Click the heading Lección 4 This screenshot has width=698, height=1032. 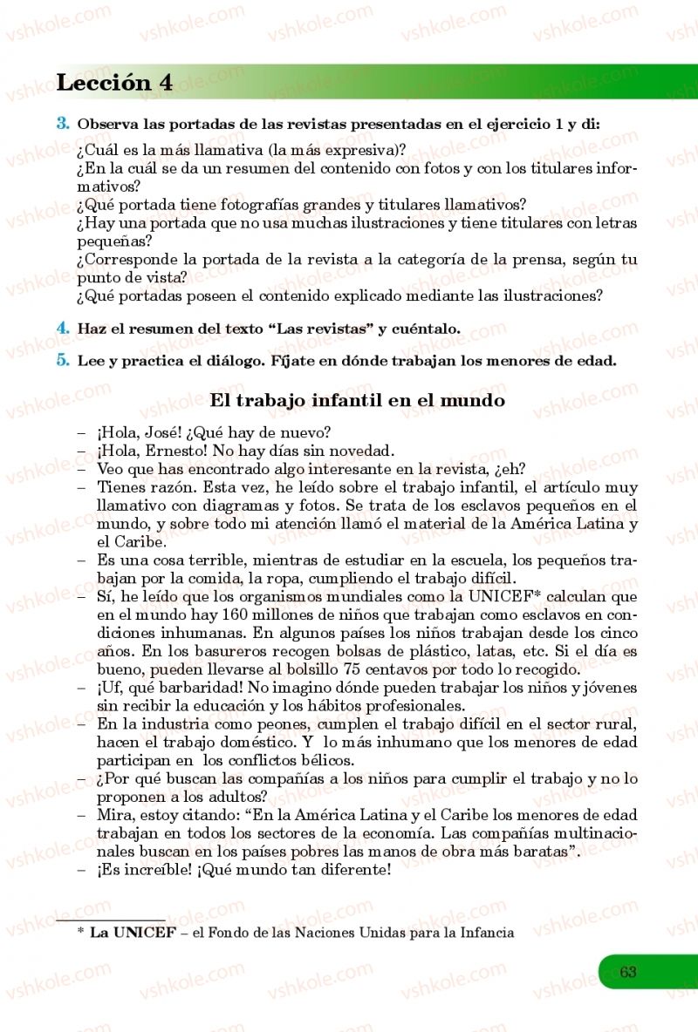click(x=113, y=83)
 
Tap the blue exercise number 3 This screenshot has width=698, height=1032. click(x=63, y=123)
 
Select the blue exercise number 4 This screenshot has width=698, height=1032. click(x=63, y=328)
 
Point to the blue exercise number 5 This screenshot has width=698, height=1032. click(x=63, y=359)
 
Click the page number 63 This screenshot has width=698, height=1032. click(x=628, y=972)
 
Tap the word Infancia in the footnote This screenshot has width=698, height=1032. click(x=483, y=933)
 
